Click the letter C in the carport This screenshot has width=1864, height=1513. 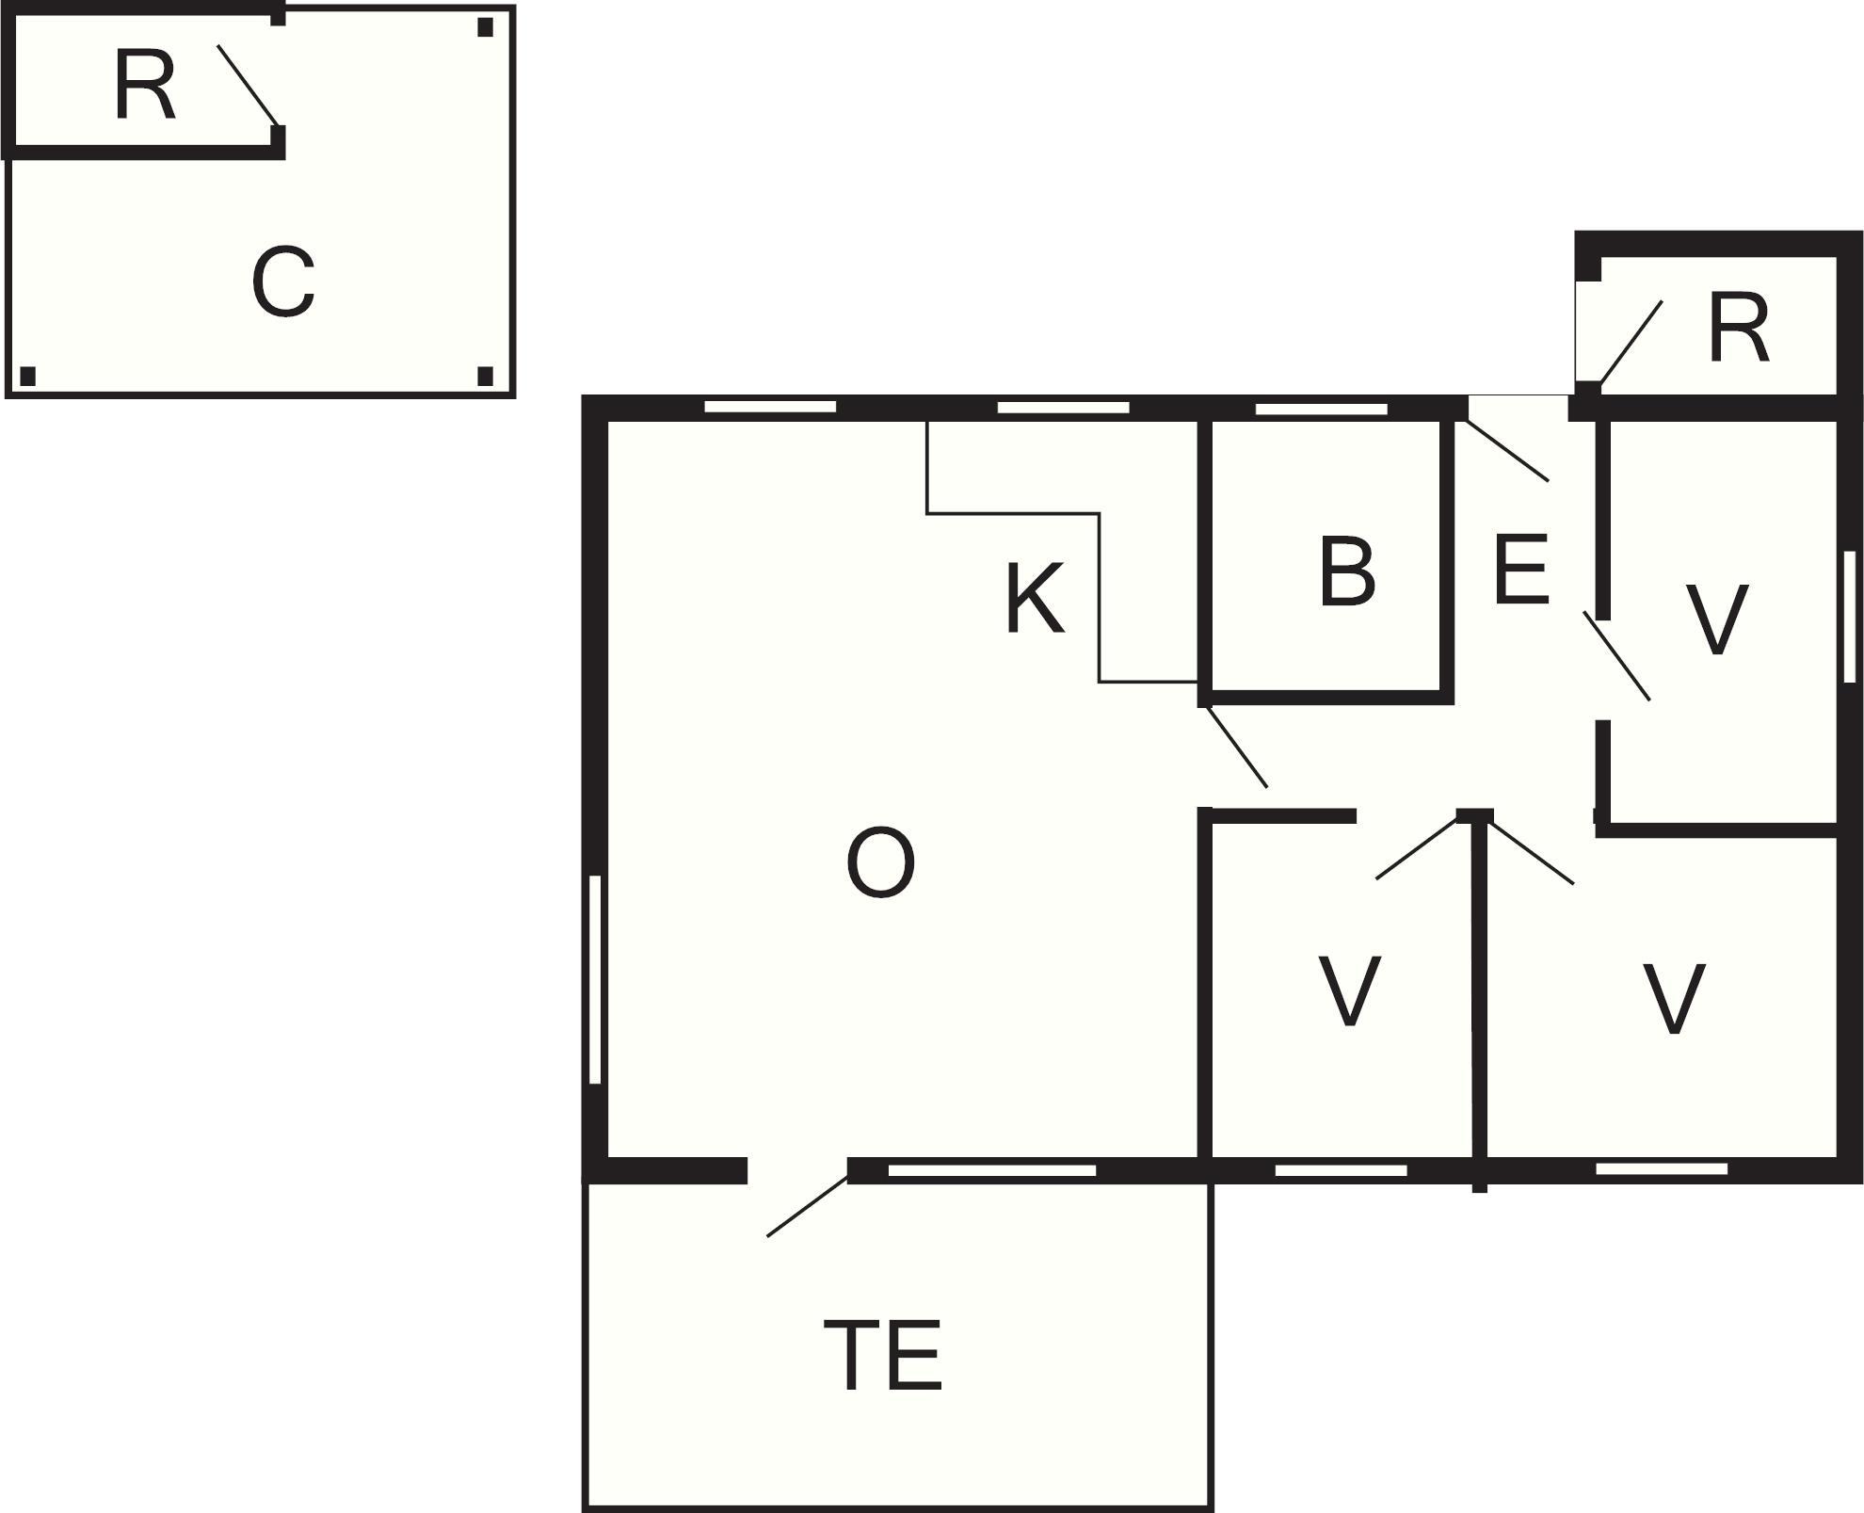(282, 282)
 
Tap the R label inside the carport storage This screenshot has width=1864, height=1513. (144, 86)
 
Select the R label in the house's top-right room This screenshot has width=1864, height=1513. (1738, 328)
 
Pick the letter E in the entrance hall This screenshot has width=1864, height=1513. (1520, 569)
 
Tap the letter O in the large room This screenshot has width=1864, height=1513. (880, 862)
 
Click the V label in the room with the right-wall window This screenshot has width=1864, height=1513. (1716, 619)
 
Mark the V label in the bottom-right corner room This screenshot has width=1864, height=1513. (1674, 999)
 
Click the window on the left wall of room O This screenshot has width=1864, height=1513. (595, 979)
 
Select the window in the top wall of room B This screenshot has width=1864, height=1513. (1322, 409)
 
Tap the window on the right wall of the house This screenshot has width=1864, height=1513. (1850, 617)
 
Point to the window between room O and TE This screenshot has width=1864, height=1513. (992, 1170)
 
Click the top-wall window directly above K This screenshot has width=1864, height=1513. (1063, 408)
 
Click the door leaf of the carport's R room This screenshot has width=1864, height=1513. (248, 85)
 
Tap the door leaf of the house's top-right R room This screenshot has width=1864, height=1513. (1631, 343)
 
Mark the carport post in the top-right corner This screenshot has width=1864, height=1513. (485, 27)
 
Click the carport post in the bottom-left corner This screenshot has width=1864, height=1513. (27, 377)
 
